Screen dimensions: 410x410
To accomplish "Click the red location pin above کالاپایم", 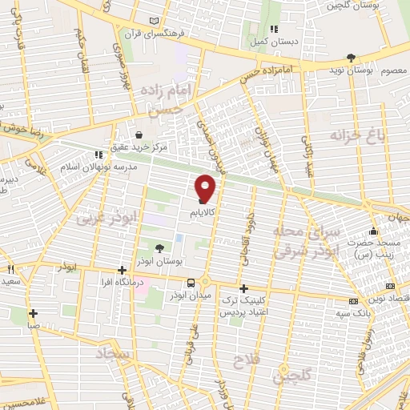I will (206, 189).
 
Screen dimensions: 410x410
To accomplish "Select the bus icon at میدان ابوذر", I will (191, 282).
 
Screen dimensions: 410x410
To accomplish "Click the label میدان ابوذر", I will (186, 295).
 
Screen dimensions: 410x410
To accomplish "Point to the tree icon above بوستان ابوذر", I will (158, 249).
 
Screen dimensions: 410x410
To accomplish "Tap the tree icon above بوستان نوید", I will (351, 57).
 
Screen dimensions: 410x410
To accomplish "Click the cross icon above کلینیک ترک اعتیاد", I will (243, 287).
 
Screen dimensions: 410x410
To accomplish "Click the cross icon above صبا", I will (33, 313).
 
